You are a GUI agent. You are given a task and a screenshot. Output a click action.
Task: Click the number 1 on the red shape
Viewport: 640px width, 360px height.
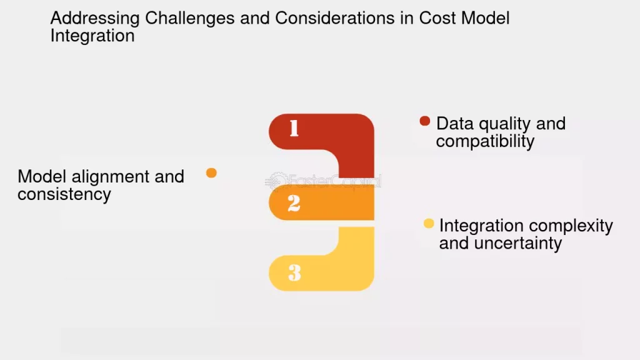[294, 128]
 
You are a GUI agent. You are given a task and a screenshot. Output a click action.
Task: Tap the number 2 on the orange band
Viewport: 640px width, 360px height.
[294, 203]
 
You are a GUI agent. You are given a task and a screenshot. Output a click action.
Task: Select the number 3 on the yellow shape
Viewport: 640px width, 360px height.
[294, 272]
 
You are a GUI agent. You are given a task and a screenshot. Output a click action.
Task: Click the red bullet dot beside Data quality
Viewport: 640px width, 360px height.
[425, 121]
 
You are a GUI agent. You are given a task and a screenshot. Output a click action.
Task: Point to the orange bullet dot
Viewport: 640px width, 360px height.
[211, 172]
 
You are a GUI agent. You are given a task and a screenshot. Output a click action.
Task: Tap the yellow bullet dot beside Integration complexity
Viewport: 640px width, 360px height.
[429, 223]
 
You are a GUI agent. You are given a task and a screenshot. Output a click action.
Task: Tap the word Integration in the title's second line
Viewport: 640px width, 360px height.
[92, 36]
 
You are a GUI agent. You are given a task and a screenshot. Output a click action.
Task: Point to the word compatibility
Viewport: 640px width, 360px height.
[485, 141]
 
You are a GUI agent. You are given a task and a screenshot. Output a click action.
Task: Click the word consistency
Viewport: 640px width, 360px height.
[64, 194]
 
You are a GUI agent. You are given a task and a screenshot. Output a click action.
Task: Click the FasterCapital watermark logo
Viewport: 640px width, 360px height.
[323, 181]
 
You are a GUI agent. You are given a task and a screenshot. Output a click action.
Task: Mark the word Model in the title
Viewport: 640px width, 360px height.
[485, 18]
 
